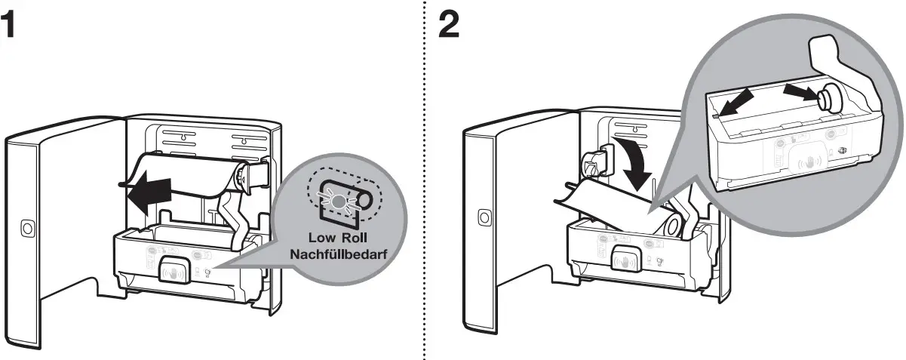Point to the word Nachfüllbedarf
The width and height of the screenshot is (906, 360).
[x=339, y=254]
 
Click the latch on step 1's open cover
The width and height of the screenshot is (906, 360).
[x=27, y=227]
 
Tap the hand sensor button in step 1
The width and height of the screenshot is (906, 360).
[x=173, y=267]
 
